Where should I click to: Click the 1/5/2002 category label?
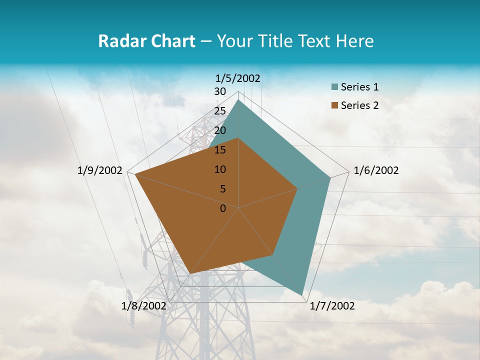pyautogui.click(x=238, y=78)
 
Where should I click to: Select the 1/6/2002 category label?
pyautogui.click(x=376, y=170)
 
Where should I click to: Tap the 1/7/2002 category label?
pyautogui.click(x=332, y=306)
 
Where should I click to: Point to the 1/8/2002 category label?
pyautogui.click(x=144, y=306)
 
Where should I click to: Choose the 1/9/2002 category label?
pyautogui.click(x=100, y=170)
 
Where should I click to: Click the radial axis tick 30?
pyautogui.click(x=220, y=91)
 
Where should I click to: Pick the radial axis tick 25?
pyautogui.click(x=220, y=111)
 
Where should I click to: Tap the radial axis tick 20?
pyautogui.click(x=220, y=130)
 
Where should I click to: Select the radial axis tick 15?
pyautogui.click(x=220, y=150)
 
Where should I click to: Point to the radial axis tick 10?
pyautogui.click(x=220, y=169)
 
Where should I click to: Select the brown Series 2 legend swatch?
pyautogui.click(x=334, y=105)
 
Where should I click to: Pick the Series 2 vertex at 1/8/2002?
pyautogui.click(x=190, y=273)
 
